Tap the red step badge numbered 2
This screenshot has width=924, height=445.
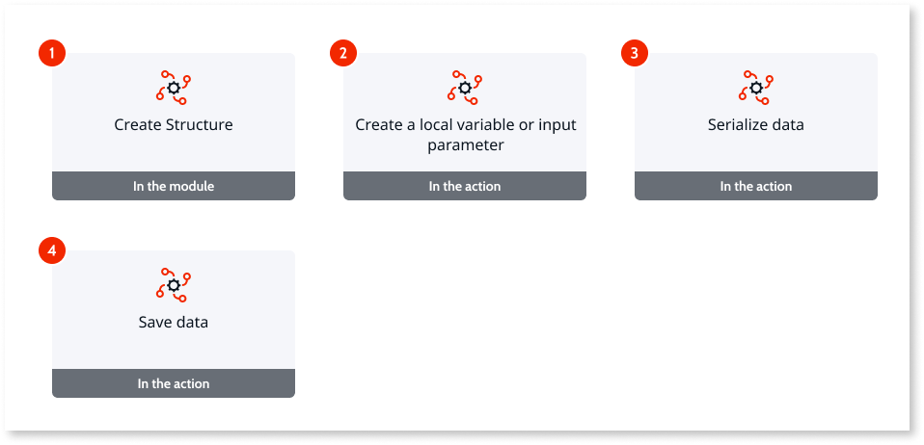tap(343, 53)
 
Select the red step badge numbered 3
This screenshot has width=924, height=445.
tap(634, 53)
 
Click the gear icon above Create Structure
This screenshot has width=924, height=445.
tap(174, 88)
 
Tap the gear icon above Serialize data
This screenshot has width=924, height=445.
tap(756, 88)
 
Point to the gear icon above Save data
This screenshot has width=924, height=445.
tap(174, 285)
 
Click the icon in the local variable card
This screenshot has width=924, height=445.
tap(465, 88)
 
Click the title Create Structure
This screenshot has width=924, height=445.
tap(174, 125)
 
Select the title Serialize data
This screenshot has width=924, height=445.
tap(756, 125)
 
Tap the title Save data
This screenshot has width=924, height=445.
tap(174, 323)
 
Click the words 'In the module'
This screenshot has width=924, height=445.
tap(174, 186)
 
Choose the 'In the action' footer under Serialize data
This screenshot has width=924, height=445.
tap(756, 186)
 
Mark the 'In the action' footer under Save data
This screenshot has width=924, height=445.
tap(174, 383)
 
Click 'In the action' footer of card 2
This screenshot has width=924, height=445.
tap(465, 186)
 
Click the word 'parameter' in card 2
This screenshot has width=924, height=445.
tap(466, 146)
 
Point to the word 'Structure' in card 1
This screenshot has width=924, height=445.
tap(200, 125)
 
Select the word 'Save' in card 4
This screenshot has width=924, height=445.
tap(155, 323)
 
